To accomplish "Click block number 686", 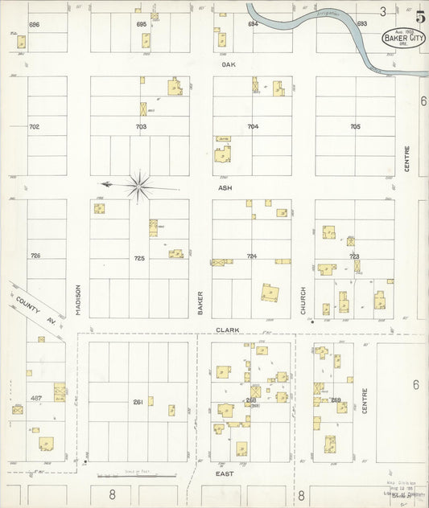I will pyautogui.click(x=34, y=25).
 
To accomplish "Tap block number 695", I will pyautogui.click(x=142, y=25).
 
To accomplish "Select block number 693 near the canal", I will pyautogui.click(x=361, y=24).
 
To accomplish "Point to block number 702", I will pyautogui.click(x=34, y=127).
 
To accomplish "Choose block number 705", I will pyautogui.click(x=355, y=126).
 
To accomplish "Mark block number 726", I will pyautogui.click(x=35, y=256).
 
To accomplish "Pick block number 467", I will pyautogui.click(x=35, y=398).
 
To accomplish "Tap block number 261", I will pyautogui.click(x=138, y=401).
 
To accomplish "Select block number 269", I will pyautogui.click(x=336, y=399).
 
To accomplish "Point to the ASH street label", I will pyautogui.click(x=225, y=188).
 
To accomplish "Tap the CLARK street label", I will pyautogui.click(x=225, y=330).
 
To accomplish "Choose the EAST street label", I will pyautogui.click(x=225, y=475).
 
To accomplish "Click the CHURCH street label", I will pyautogui.click(x=303, y=300).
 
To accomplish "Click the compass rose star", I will pyautogui.click(x=140, y=187).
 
